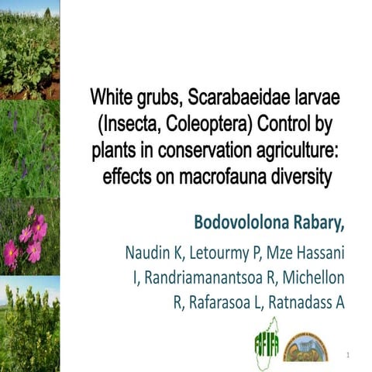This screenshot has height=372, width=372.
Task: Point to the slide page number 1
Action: click(x=350, y=356)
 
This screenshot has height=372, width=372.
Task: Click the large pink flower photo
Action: click(x=29, y=236)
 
